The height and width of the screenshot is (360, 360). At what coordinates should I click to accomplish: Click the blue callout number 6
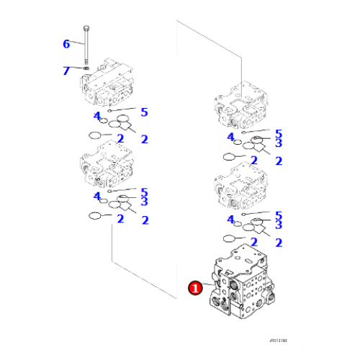click(x=66, y=44)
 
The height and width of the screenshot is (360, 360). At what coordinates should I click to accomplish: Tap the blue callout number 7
click(x=66, y=70)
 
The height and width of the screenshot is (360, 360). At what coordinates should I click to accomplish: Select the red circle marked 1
click(x=194, y=288)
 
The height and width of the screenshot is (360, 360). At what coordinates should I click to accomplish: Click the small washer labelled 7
click(x=86, y=70)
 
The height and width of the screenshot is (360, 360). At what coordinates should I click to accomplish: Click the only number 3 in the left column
click(x=144, y=202)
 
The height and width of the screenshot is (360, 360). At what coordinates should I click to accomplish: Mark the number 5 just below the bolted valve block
click(x=144, y=112)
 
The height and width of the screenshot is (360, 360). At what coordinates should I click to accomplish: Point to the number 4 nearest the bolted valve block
click(x=96, y=116)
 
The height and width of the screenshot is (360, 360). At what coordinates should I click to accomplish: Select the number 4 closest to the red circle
click(x=231, y=219)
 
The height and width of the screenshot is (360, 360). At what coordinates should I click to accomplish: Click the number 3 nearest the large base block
click(x=278, y=225)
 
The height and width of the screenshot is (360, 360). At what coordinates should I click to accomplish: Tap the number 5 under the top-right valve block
click(x=278, y=132)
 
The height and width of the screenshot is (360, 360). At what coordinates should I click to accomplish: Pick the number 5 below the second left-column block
click(x=144, y=192)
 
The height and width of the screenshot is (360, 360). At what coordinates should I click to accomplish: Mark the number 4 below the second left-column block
click(x=96, y=196)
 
